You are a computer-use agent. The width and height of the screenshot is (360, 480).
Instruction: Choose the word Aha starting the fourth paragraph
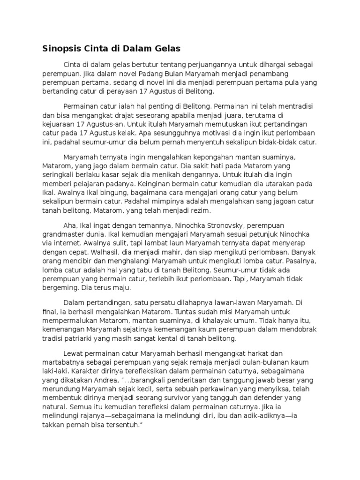pyautogui.click(x=70, y=225)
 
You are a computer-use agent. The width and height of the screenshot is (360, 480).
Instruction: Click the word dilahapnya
pyautogui.click(x=175, y=304)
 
